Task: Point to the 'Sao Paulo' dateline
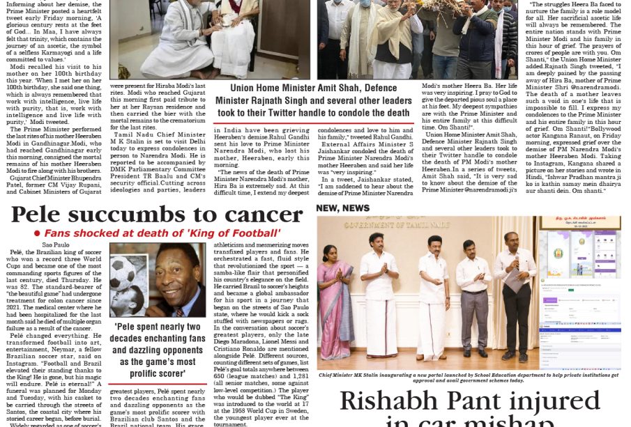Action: coord(56,245)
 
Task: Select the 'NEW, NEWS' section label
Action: coord(342,208)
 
